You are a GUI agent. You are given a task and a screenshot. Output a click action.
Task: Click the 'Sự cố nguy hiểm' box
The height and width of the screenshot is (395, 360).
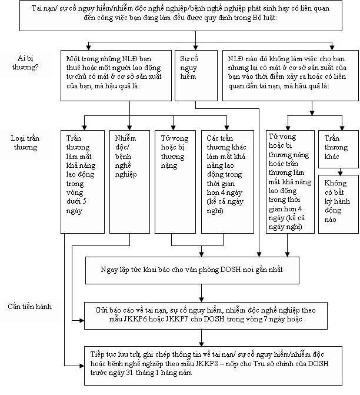196,75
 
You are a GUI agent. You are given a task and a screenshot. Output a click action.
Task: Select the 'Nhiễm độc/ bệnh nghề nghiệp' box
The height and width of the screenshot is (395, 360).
129,182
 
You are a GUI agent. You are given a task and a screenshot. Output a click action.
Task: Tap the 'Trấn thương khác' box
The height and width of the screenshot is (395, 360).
338,149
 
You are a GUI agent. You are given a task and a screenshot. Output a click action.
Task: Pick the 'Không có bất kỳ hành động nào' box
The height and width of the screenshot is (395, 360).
338,204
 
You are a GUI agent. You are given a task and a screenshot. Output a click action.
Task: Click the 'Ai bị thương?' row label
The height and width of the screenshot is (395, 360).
25,63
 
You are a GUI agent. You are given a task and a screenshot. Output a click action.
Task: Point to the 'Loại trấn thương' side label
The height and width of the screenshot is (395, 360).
25,142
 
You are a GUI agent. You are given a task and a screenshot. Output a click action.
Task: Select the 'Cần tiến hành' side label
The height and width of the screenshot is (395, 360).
30,307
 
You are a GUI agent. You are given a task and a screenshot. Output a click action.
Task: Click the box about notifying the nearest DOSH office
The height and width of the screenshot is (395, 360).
192,270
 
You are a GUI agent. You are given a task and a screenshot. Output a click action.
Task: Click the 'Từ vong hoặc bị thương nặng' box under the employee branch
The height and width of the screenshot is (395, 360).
175,182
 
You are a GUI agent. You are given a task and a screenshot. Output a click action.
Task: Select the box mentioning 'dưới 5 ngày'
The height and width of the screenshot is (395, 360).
82,182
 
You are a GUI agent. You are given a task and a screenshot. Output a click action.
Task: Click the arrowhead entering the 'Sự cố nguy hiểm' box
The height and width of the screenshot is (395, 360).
196,47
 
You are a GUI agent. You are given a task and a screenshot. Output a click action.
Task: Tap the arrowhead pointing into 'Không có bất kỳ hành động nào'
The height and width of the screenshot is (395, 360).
340,173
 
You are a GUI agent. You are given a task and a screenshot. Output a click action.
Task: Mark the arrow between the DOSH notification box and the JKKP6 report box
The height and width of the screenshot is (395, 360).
201,293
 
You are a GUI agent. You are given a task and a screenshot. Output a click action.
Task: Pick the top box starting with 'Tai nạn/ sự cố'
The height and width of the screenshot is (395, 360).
181,16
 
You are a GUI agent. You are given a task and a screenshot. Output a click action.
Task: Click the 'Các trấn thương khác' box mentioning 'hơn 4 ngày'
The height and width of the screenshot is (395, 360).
228,182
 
